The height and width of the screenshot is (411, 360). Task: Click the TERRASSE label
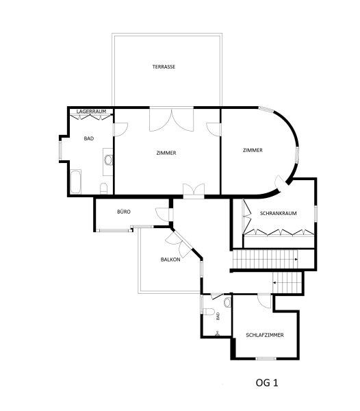coord(164,67)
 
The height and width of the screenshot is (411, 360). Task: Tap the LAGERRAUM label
coord(92,112)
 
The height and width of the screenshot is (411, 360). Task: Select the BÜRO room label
coord(124,212)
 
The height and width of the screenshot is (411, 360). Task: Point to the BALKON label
coord(170,260)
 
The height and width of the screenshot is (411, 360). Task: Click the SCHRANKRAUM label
coord(279,213)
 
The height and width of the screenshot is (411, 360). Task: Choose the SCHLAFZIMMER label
coord(265,335)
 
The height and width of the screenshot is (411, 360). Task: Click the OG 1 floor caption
coord(267,383)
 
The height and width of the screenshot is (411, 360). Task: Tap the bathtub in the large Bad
coord(76,182)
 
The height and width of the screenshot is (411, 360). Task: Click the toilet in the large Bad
coord(104,188)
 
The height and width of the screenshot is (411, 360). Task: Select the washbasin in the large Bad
coord(108,160)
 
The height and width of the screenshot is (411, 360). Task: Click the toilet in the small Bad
coord(209,312)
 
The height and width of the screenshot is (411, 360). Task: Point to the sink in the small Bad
coord(228,302)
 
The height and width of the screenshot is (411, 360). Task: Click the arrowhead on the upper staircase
coord(296,259)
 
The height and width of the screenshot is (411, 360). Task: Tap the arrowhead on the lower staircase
coord(274,282)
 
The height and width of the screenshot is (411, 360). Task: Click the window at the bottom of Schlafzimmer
coord(266,358)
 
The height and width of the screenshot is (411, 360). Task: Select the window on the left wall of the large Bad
coord(60,150)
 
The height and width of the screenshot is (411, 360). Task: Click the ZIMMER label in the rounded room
coord(253,150)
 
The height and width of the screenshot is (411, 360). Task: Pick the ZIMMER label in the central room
coord(166,153)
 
